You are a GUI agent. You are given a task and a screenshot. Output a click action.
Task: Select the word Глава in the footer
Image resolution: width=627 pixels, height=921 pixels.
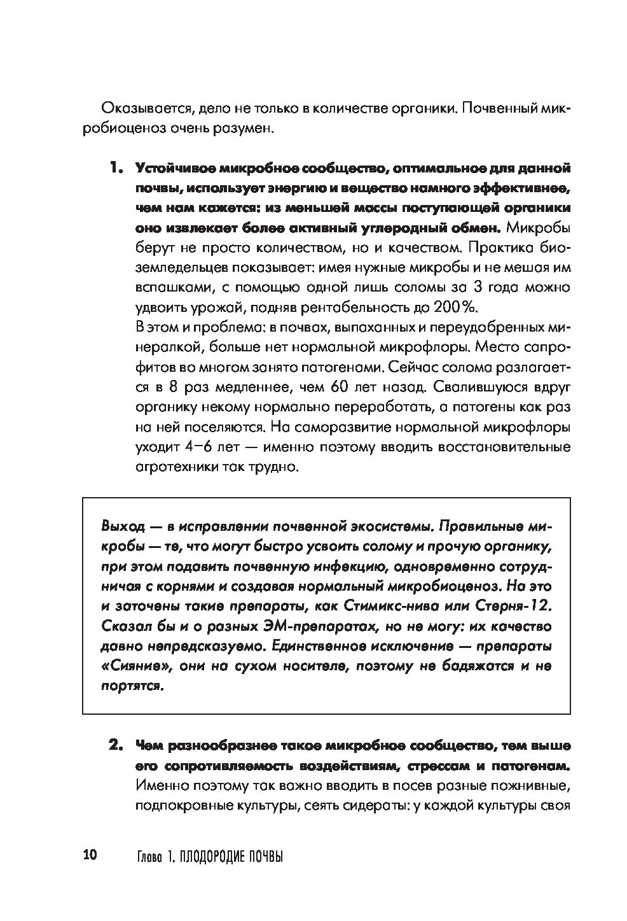pos(150,856)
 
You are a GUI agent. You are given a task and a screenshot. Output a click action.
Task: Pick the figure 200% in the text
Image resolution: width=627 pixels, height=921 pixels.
pos(454,307)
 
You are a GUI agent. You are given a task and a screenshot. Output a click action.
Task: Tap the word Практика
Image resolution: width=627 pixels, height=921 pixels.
pos(496,248)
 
